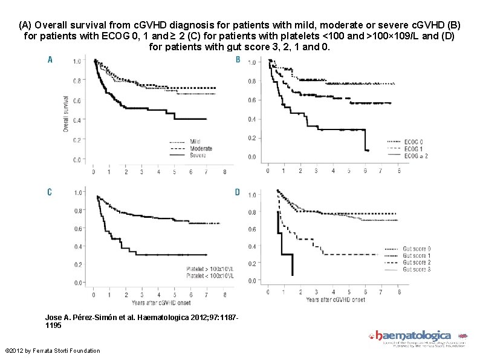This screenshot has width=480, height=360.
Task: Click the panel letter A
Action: [x=50, y=59]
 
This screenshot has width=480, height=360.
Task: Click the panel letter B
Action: [x=238, y=59]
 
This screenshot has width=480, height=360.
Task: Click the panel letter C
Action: [x=50, y=192]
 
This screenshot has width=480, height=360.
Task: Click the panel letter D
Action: [x=238, y=192]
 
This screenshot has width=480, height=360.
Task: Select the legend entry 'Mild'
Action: [x=196, y=142]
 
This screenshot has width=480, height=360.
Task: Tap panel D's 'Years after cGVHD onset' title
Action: [x=336, y=299]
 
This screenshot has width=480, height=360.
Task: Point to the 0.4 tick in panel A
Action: [x=77, y=120]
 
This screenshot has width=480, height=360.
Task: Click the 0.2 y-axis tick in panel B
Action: [x=251, y=138]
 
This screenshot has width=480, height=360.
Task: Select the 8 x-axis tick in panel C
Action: [x=225, y=295]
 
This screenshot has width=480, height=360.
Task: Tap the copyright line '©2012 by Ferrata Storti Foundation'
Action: [x=52, y=351]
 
